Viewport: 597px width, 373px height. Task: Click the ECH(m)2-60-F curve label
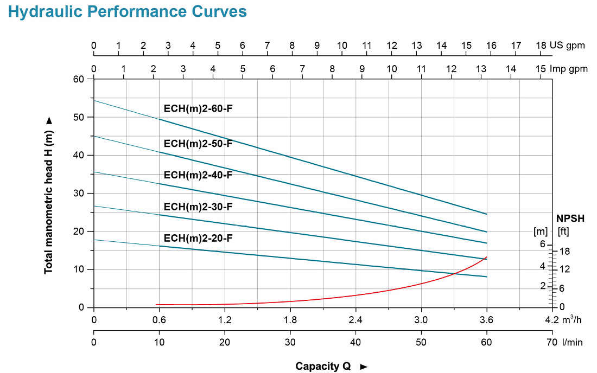198,108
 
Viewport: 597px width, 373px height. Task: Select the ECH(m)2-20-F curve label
198,238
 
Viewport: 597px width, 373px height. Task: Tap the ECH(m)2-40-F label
198,175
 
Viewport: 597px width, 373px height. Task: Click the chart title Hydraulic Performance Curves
128,11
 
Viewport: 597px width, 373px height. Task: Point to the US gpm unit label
567,46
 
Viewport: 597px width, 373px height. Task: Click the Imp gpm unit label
569,69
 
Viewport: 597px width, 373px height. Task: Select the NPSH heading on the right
570,218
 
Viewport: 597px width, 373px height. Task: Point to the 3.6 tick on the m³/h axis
486,319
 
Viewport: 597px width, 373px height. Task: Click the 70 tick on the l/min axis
552,342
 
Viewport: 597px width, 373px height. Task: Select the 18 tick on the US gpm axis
541,46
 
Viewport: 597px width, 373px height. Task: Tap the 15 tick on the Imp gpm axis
541,69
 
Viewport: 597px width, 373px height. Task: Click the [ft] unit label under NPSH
564,231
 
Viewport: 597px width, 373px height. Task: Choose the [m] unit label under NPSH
541,231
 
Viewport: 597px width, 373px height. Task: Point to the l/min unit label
573,342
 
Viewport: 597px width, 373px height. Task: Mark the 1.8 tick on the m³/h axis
290,319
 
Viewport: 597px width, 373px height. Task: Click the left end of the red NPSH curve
157,304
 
